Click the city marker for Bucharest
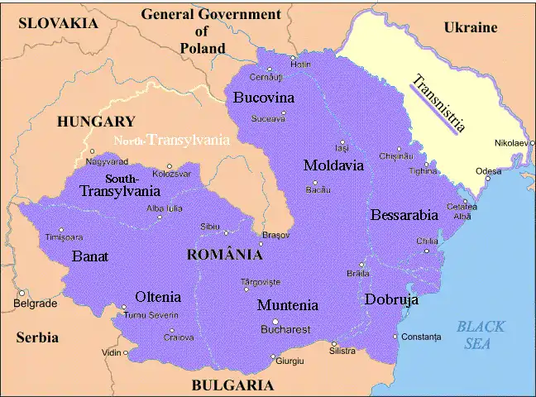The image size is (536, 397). point(276,322)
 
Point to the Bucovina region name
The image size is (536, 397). point(264,98)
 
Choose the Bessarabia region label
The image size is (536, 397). point(404,215)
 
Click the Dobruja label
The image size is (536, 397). point(391,300)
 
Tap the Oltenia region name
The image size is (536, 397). point(158,297)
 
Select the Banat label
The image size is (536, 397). point(90,256)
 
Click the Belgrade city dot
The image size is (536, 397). point(22,293)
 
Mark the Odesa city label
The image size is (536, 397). point(488,171)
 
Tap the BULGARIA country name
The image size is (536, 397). point(232,385)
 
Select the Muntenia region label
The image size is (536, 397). point(287,305)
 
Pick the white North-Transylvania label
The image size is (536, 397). point(172,141)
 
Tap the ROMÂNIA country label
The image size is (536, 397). point(224,255)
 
